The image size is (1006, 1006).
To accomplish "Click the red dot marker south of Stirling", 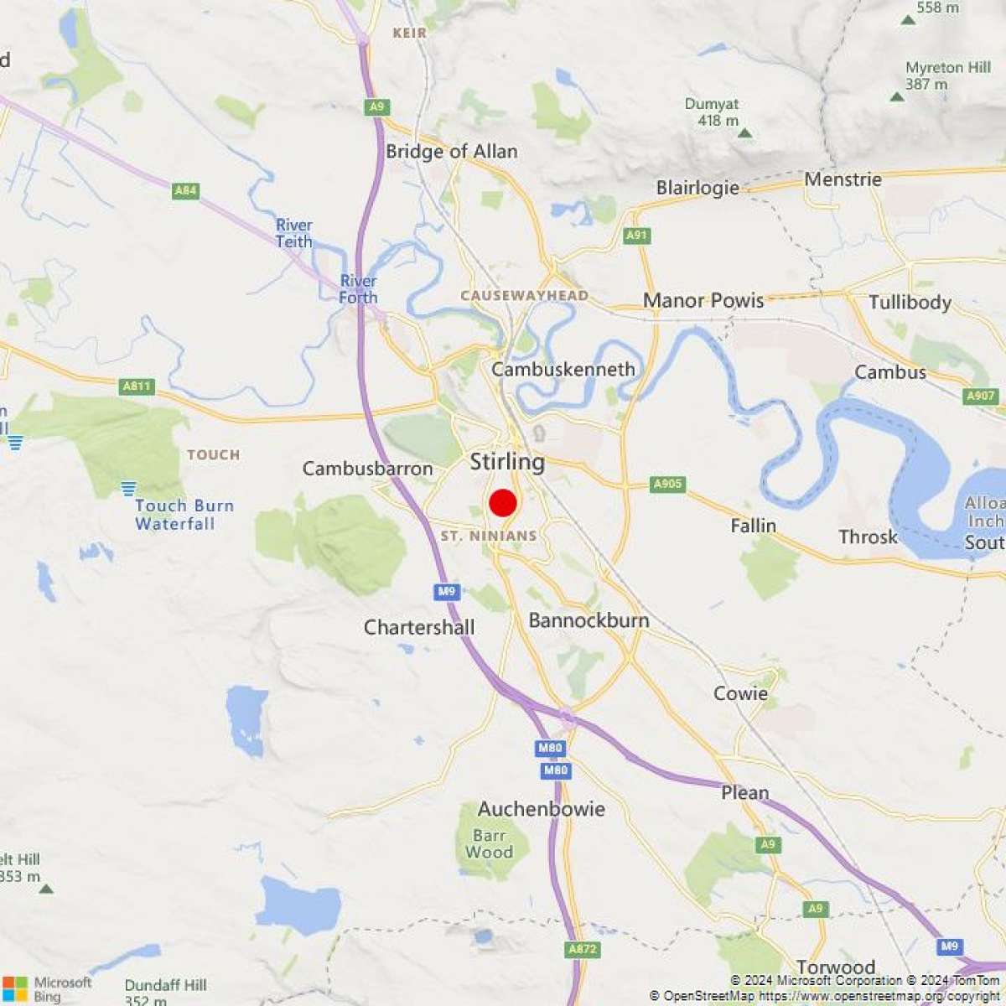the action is (x=503, y=503).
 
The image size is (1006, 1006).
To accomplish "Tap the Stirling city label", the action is (x=507, y=462).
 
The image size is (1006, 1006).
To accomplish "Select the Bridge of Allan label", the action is (x=452, y=152).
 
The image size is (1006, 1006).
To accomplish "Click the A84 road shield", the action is (x=185, y=191).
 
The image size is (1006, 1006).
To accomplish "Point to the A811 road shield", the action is (x=137, y=386).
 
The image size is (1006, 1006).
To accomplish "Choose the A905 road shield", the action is (x=667, y=485).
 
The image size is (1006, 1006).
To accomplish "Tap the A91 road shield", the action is (x=637, y=236).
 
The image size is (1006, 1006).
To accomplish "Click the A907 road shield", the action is (x=980, y=397).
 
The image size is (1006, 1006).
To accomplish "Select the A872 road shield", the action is (x=583, y=949).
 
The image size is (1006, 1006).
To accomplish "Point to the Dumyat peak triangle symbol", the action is (x=744, y=132).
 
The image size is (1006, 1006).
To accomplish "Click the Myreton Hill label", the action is (x=947, y=75).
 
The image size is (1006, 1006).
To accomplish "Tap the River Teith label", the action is (x=294, y=234).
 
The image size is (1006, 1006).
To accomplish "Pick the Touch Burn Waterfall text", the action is (x=184, y=515).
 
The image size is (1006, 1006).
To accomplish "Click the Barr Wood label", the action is (x=489, y=843).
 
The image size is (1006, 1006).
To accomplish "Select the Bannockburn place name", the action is (x=589, y=620).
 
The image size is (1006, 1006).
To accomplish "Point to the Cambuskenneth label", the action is (x=563, y=370).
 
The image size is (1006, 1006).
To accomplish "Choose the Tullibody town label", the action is (x=910, y=303).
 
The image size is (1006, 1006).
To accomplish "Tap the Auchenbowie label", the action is (x=542, y=809).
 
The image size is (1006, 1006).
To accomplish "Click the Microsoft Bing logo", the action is (x=46, y=989).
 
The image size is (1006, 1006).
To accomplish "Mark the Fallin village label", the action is (x=753, y=526).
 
